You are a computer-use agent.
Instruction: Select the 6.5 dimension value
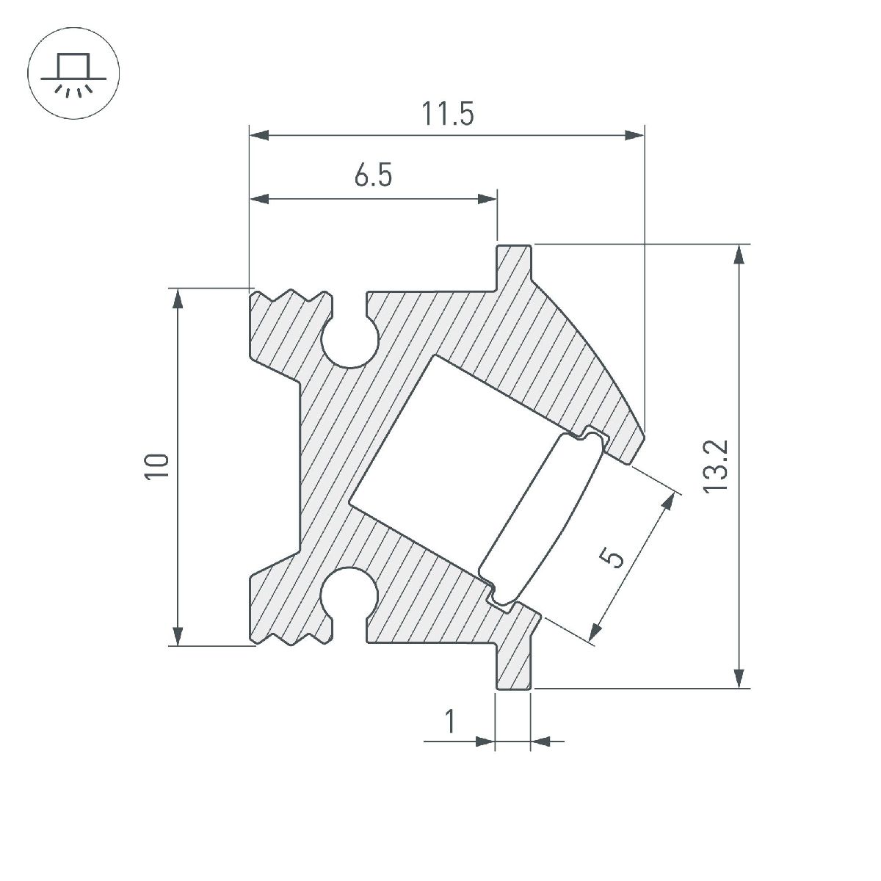point(373,177)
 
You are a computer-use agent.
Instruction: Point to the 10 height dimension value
point(157,467)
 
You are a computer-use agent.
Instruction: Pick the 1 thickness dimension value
point(450,722)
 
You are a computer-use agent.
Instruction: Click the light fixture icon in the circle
point(73,73)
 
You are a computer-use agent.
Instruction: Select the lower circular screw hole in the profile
point(349,593)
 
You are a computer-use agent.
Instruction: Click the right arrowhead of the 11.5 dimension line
point(634,135)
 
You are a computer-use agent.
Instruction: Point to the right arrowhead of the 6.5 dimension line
point(487,199)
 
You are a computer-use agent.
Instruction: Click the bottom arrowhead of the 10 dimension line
point(178,635)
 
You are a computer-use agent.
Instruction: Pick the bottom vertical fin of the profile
point(513,664)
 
